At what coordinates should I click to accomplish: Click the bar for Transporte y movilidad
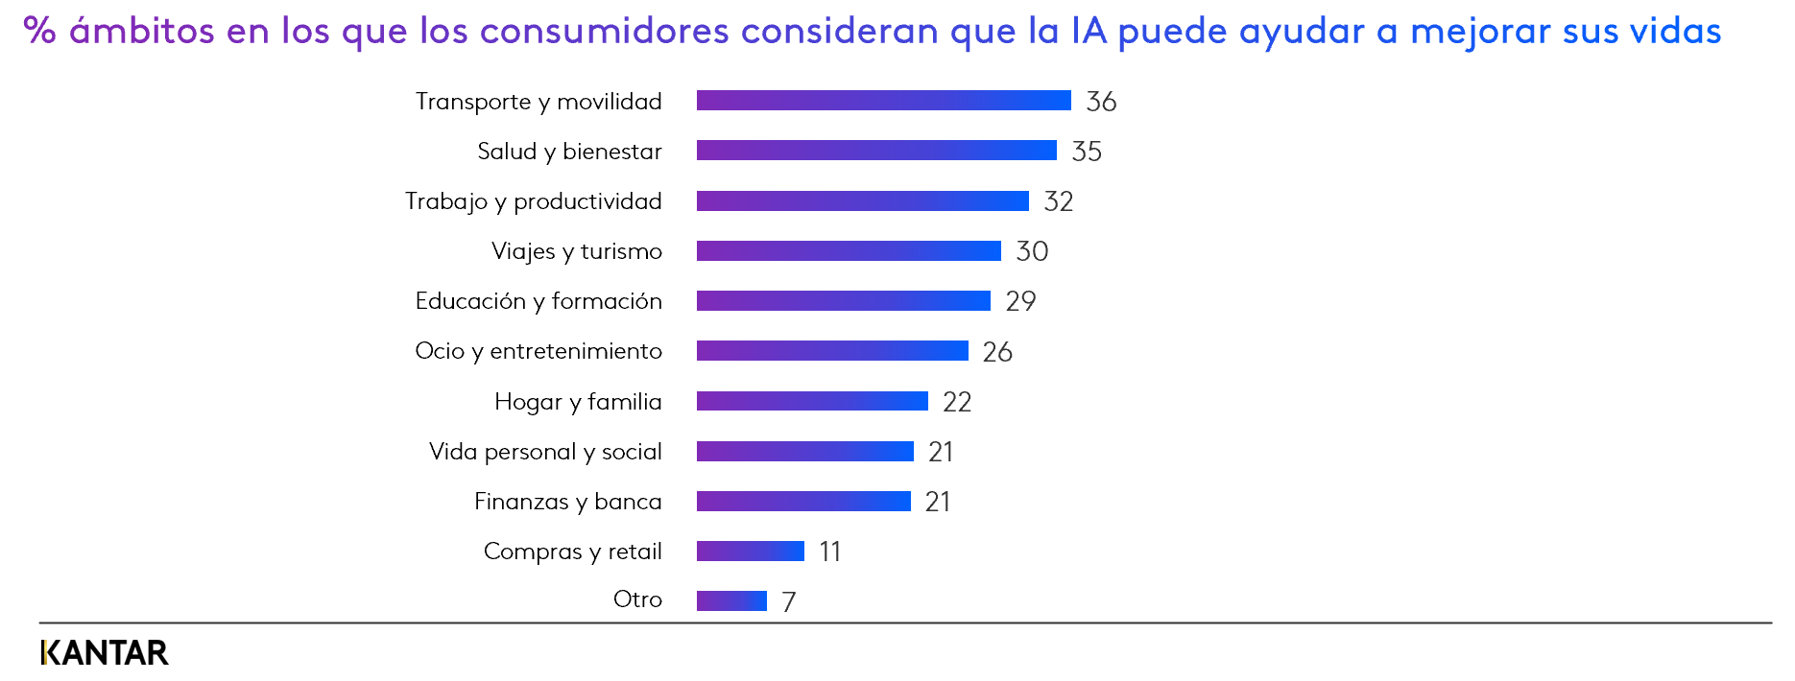(x=883, y=101)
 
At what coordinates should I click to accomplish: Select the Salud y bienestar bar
(x=876, y=151)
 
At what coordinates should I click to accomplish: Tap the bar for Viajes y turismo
(x=849, y=250)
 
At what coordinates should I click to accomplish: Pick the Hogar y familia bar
(x=812, y=401)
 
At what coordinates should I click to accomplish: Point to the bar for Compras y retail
(x=751, y=551)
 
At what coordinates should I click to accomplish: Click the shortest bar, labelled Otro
(x=731, y=600)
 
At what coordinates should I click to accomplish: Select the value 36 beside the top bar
(x=1101, y=102)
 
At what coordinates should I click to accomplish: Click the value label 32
(x=1059, y=201)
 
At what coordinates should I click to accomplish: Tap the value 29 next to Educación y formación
(x=1020, y=301)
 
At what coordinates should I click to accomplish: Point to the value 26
(x=997, y=352)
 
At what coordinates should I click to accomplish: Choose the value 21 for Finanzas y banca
(x=938, y=502)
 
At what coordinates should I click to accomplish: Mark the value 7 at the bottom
(x=789, y=602)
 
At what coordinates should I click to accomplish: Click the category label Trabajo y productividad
(x=534, y=201)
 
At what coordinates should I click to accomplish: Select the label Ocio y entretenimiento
(x=538, y=351)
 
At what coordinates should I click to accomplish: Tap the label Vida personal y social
(x=545, y=452)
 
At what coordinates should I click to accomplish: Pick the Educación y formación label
(x=538, y=301)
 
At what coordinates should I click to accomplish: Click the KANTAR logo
(x=105, y=653)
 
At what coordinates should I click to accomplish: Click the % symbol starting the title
(x=39, y=31)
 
